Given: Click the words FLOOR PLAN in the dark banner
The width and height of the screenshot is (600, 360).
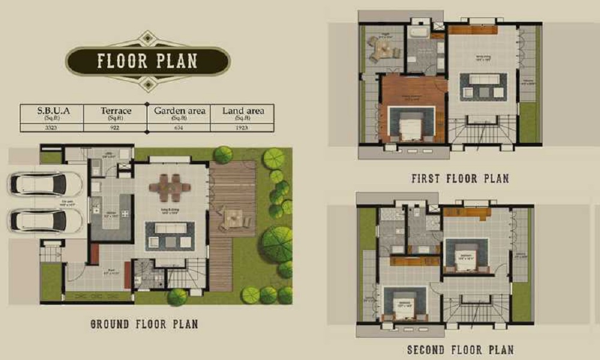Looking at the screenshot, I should (147, 61).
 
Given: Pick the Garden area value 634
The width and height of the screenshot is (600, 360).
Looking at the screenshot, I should (179, 127).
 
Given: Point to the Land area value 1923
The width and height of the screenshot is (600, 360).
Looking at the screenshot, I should (242, 127).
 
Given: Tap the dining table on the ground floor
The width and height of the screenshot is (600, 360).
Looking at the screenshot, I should (170, 187).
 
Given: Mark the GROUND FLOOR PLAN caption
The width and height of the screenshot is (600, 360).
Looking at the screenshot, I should (144, 325).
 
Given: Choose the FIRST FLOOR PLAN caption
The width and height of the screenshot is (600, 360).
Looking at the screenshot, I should (460, 178).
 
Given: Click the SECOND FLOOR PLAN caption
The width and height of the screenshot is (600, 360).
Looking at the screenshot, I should (460, 350).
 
